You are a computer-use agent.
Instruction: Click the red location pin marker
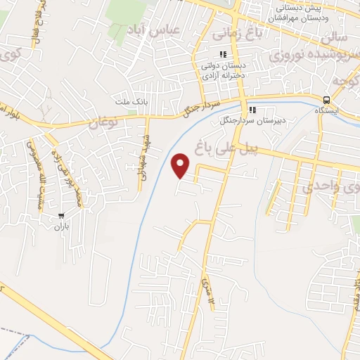coord(181,165)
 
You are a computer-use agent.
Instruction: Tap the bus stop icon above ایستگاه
coord(326,100)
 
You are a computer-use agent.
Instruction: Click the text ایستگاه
coord(326,111)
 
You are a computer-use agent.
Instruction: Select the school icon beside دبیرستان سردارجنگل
coord(252,110)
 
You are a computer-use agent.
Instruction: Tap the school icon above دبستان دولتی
coord(223,55)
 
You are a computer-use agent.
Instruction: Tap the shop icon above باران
coord(62,217)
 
